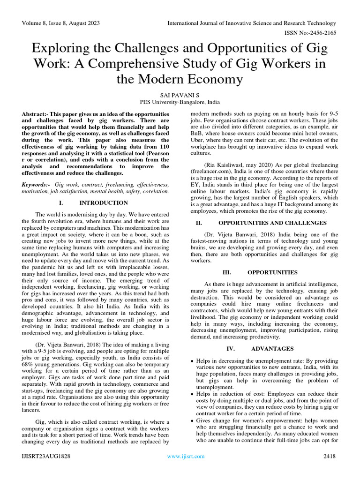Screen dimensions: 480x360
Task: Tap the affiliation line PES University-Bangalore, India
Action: coord(180,102)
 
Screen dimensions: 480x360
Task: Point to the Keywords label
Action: coord(36,185)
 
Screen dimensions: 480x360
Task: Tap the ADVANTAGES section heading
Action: coord(272,349)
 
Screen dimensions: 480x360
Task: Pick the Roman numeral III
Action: coord(227,272)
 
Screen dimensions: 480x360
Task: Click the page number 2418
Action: coord(330,456)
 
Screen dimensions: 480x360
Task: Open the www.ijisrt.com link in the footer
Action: coord(186,456)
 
